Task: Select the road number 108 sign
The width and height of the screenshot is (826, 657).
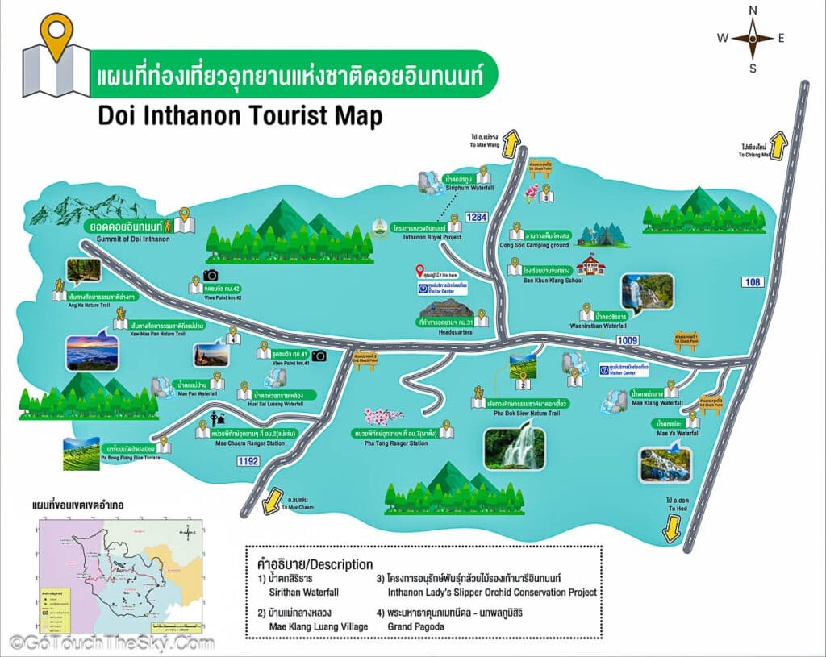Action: pos(752,281)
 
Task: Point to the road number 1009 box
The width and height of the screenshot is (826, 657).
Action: pos(627,341)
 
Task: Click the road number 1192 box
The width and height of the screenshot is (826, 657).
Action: pos(248,460)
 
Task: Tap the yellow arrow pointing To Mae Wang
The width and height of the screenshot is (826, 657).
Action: pos(510,145)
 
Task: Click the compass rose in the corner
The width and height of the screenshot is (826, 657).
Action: pos(753,37)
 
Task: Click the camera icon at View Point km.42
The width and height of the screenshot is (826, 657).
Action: pos(211,275)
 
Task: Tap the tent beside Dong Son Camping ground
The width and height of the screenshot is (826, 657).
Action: pos(601,234)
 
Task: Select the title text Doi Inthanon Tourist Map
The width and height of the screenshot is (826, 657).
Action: pos(239,116)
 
